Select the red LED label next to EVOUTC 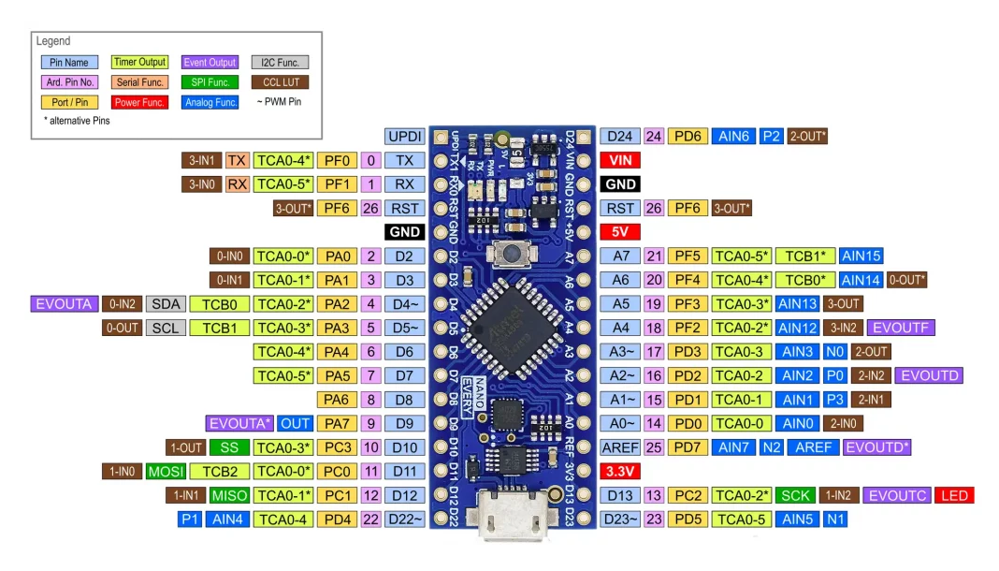pyautogui.click(x=954, y=495)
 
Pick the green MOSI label pyautogui.click(x=166, y=471)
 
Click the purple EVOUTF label pyautogui.click(x=901, y=328)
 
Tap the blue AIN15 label pyautogui.click(x=861, y=256)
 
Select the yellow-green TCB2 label pyautogui.click(x=219, y=471)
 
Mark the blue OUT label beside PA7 pyautogui.click(x=296, y=423)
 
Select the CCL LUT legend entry pyautogui.click(x=280, y=82)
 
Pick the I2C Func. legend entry pyautogui.click(x=280, y=63)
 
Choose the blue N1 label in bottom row pyautogui.click(x=835, y=519)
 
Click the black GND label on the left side pyautogui.click(x=404, y=231)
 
